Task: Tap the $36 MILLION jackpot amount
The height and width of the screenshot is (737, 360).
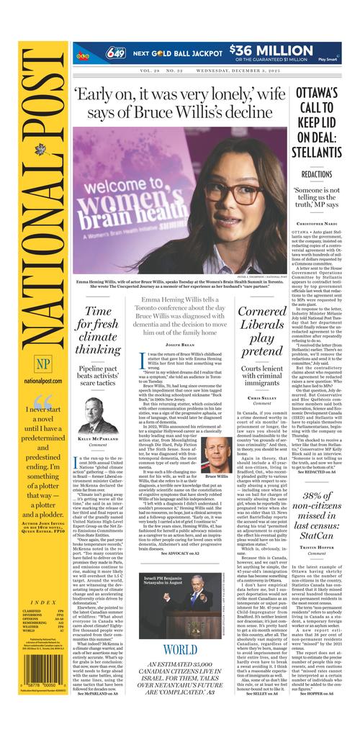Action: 274,50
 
